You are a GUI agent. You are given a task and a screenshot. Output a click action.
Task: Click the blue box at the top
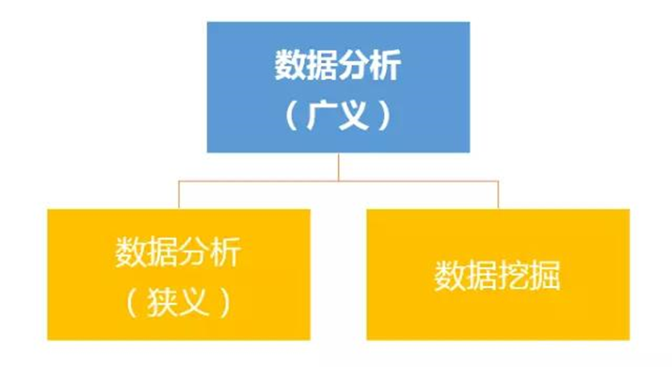(x=338, y=86)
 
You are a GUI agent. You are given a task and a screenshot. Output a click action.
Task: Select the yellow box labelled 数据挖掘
(x=498, y=274)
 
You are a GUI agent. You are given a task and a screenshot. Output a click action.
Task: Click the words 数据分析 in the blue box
(x=337, y=66)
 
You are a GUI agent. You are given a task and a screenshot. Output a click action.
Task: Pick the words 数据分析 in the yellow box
(x=178, y=253)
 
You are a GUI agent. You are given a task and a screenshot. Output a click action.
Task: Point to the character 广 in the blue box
(x=320, y=114)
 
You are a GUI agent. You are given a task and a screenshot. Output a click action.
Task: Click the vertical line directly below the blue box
(x=338, y=166)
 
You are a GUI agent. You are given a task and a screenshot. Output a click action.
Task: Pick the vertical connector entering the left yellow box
(x=179, y=195)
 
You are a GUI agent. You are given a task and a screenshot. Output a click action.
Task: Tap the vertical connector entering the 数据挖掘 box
(x=499, y=195)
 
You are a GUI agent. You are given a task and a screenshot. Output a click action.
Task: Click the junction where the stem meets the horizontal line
(x=338, y=181)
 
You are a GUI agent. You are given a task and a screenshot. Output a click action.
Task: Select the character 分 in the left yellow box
(x=193, y=253)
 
